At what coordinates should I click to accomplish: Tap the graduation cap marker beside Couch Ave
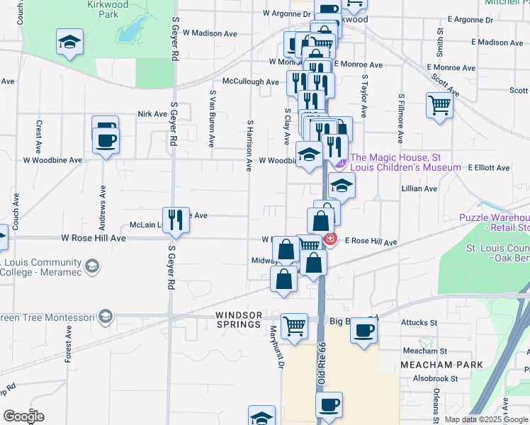point(69,42)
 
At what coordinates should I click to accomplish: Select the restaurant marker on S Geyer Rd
point(175,220)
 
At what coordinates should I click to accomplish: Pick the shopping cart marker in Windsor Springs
point(295,327)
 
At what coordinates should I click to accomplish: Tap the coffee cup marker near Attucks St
point(364,330)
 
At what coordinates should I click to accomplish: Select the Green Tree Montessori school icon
point(106,315)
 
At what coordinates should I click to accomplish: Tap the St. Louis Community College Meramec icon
point(91,266)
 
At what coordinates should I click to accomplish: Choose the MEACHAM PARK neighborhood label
point(441,365)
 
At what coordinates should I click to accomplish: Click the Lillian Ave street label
point(419,188)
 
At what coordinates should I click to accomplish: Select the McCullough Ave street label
point(250,81)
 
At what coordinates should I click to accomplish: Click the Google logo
point(23,416)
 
